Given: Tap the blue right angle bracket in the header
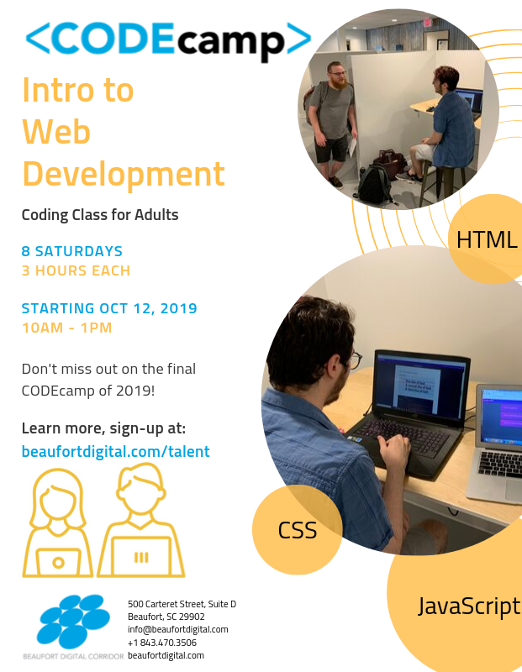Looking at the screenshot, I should pos(298,38).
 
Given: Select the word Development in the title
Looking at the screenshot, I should pos(123,175).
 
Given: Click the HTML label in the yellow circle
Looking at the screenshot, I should pos(487,240).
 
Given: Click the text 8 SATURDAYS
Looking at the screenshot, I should pos(72,251).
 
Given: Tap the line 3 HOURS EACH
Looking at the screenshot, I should pos(76,270).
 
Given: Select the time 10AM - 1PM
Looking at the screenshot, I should pos(66,328).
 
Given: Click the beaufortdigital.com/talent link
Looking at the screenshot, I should pos(115,451).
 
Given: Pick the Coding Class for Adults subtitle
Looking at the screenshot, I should pos(100,214).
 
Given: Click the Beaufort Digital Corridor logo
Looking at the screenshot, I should pos(72,626).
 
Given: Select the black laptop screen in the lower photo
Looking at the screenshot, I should pos(419,386).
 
